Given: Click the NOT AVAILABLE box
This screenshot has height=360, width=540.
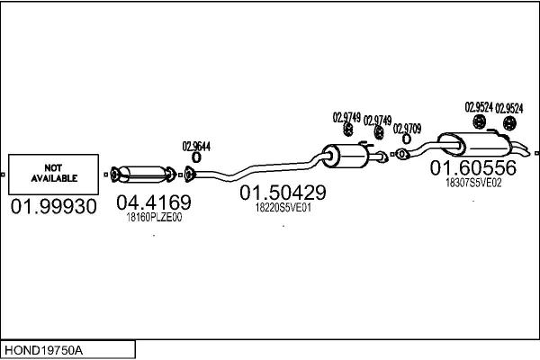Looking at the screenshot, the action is click(x=53, y=175).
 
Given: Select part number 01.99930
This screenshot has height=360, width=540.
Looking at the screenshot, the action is click(x=54, y=207).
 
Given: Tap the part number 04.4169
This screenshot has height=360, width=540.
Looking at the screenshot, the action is click(x=154, y=202).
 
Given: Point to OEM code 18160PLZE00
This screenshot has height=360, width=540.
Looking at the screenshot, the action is click(x=154, y=218).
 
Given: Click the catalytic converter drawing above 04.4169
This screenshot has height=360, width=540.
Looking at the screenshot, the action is click(x=144, y=175).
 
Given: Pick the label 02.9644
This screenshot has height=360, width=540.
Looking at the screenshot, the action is click(x=196, y=147).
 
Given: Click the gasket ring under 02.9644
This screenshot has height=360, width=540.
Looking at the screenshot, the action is click(x=196, y=157).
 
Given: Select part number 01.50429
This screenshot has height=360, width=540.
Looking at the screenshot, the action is click(x=283, y=193).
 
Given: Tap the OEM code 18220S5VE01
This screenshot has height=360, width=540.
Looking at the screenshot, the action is click(x=283, y=207).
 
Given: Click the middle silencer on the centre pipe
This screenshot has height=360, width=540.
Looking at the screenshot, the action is click(x=346, y=156).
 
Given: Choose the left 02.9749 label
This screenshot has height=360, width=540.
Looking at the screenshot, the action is click(x=346, y=118).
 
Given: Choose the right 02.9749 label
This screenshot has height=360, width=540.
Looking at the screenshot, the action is click(x=377, y=121).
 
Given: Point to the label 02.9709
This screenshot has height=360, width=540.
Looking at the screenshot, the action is click(x=407, y=129).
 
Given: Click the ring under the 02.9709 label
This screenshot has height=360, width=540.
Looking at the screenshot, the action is click(x=407, y=139).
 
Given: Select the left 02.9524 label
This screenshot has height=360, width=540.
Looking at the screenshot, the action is click(x=479, y=107).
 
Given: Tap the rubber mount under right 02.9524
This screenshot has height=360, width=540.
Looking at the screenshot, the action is click(x=509, y=123).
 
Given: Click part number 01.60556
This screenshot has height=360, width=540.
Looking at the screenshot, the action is click(x=473, y=167).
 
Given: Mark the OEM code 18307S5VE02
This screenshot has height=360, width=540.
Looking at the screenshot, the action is click(x=473, y=183).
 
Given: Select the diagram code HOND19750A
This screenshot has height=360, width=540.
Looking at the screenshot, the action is click(x=43, y=350).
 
